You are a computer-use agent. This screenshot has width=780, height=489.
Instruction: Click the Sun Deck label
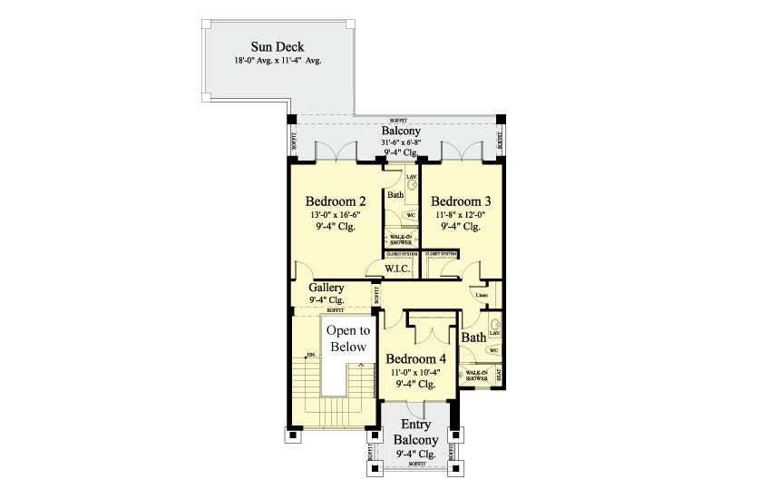coord(278,46)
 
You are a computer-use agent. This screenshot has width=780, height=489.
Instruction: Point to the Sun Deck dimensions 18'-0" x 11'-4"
coord(278,62)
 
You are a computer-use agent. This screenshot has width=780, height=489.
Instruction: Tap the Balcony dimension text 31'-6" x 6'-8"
coord(399,143)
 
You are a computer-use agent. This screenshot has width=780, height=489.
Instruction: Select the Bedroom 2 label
coord(336,200)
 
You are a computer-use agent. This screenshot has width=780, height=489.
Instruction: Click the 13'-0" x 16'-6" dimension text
coord(336,215)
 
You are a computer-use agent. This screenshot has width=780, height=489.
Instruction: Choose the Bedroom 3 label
coord(461,200)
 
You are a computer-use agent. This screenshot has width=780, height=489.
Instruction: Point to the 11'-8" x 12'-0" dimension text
coord(461,215)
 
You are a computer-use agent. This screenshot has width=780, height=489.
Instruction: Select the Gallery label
coord(326,288)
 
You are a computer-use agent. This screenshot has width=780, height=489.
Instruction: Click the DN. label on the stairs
coord(311,356)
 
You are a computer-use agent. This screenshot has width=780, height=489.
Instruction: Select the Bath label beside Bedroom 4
coord(473,337)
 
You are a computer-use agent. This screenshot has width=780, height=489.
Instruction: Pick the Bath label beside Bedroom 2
coord(395,195)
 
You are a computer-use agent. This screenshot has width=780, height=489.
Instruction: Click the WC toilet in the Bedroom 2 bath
coord(410,215)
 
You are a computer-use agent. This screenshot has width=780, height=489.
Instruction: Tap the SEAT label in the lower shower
coord(499,373)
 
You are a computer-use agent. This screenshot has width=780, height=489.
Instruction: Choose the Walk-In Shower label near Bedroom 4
coord(477,374)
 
